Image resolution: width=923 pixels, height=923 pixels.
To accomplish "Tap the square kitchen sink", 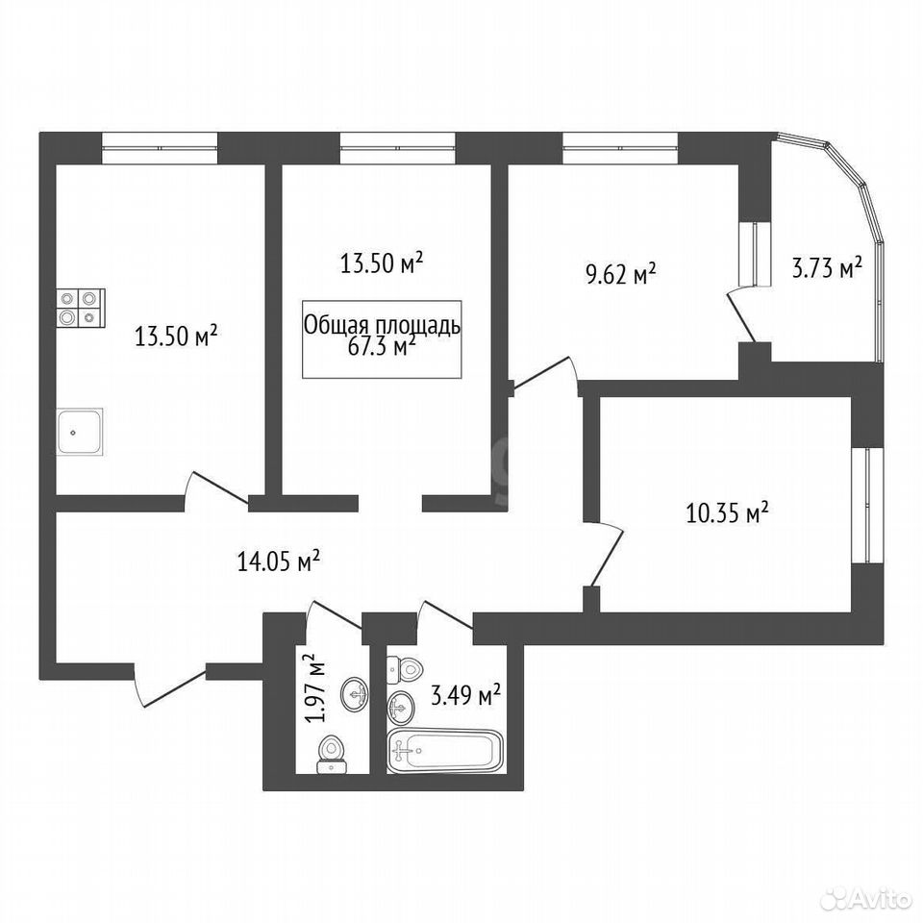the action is (x=81, y=431).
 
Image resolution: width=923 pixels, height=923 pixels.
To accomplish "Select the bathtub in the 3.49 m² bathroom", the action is (x=445, y=749).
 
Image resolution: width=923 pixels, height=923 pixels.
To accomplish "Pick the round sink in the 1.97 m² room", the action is (x=355, y=694).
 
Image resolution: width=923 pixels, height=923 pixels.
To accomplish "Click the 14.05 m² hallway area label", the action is (x=278, y=561).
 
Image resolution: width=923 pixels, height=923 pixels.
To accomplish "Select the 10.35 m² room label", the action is (x=728, y=512).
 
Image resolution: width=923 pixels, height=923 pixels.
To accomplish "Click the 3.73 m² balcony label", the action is (x=825, y=268).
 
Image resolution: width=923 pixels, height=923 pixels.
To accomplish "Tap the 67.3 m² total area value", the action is (x=382, y=345).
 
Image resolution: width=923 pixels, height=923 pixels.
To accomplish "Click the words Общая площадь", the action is (x=382, y=325).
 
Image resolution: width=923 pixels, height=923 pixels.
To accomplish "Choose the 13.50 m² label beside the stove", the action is (x=177, y=337).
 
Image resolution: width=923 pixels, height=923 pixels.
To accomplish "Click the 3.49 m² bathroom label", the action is (x=465, y=695).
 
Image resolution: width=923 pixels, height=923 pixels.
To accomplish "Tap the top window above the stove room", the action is (x=160, y=147).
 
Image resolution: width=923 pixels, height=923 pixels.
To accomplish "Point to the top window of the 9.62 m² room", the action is (x=620, y=147).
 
